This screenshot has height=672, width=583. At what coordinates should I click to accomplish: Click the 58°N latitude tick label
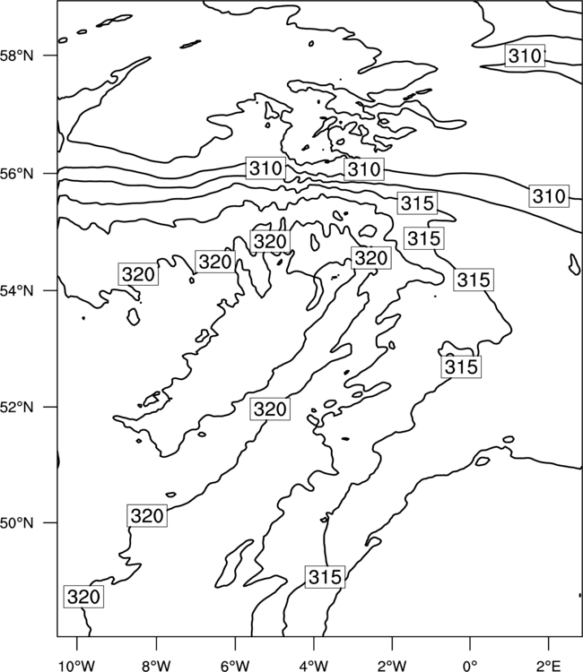coord(17,56)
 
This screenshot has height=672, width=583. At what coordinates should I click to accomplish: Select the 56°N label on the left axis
coord(17,174)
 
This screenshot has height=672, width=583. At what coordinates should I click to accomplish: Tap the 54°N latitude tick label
coord(17,291)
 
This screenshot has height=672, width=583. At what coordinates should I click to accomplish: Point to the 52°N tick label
coord(17,407)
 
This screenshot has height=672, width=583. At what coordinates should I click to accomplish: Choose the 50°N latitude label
coord(17,523)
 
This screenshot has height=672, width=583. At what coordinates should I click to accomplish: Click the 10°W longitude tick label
coord(77,665)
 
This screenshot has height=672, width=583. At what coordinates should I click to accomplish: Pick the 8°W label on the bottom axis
coord(156,665)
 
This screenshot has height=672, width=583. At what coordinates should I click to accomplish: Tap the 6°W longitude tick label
coord(235,665)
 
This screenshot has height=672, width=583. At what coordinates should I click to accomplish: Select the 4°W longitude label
coord(314,665)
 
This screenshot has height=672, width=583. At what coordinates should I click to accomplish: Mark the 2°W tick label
coord(392,665)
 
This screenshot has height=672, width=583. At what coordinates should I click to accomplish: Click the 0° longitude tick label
coord(470,665)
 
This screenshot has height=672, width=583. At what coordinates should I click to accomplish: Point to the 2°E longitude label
coord(549,665)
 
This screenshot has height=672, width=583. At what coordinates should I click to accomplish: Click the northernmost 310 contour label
coord(525,56)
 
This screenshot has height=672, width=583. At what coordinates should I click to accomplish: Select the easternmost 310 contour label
coord(549,196)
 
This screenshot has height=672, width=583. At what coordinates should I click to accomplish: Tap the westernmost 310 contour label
coord(266,168)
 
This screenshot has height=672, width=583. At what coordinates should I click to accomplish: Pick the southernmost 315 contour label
coord(326,577)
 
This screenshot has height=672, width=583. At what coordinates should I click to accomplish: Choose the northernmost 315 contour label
coord(417,202)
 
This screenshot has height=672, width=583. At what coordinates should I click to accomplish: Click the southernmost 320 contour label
coord(83,596)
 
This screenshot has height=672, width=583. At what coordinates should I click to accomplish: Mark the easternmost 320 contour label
coord(371,257)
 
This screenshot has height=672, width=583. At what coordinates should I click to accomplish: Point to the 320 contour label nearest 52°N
coord(270,409)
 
